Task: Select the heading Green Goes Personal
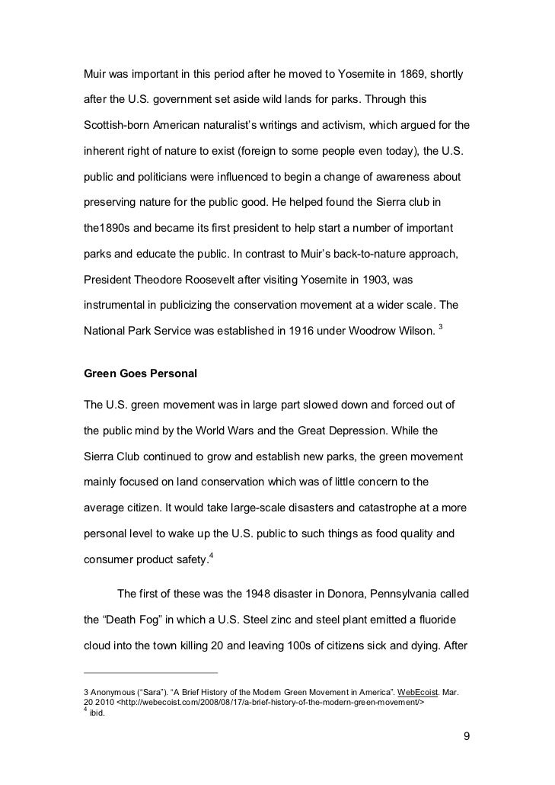(x=140, y=374)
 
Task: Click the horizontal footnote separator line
(x=150, y=673)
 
